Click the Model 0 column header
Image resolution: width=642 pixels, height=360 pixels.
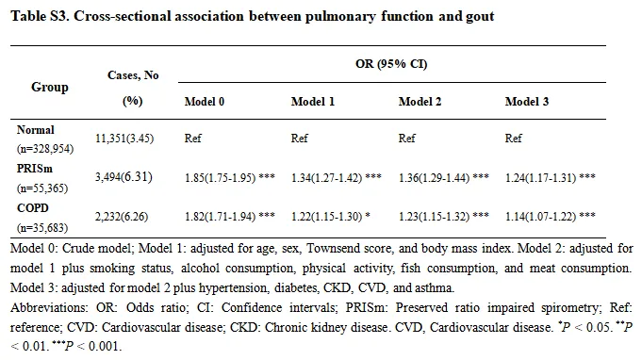tap(205, 102)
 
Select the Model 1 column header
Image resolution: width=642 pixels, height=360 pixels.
tap(313, 102)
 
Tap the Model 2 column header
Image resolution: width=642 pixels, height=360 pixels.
tap(420, 102)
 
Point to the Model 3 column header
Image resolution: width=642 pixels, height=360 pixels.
tap(527, 102)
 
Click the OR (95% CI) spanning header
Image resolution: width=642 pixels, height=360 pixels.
tap(391, 64)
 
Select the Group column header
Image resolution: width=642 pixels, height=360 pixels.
tap(50, 87)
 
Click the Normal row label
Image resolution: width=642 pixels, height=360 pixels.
tap(35, 130)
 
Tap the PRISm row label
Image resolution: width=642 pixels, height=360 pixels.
tap(34, 169)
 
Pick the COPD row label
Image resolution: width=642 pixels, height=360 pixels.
tap(33, 208)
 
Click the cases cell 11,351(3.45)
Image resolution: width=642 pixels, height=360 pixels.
tap(124, 139)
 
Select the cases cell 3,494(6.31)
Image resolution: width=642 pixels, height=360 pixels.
tap(123, 177)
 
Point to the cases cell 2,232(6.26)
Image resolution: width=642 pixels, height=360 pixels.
tap(122, 217)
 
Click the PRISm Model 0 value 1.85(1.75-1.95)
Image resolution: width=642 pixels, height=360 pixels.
tap(221, 178)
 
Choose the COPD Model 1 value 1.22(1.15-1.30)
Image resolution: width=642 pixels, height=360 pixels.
tap(327, 217)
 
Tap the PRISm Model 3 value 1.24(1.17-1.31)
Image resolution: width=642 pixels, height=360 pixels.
tap(540, 178)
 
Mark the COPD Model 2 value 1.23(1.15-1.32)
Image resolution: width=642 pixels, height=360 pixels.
tap(434, 217)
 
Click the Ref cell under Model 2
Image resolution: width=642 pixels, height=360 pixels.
tap(407, 139)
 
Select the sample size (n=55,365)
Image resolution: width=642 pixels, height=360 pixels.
tap(42, 188)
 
